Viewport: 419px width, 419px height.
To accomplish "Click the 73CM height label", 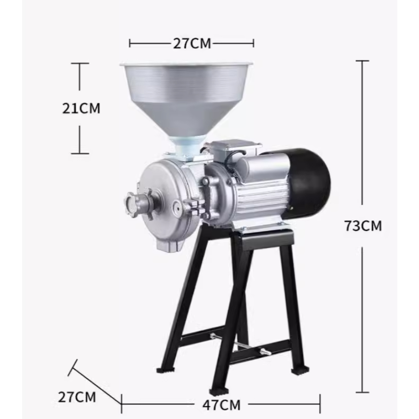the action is (363, 226).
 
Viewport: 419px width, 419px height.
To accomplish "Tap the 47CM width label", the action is (221, 405).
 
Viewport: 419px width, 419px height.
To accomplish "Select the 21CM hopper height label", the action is (81, 108).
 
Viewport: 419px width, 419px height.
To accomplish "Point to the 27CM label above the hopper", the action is (192, 43).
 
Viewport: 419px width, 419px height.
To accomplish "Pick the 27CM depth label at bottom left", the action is (77, 397).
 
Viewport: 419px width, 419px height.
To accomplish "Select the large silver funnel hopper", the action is (186, 99).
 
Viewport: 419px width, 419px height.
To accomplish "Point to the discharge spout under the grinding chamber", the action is (168, 244).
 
